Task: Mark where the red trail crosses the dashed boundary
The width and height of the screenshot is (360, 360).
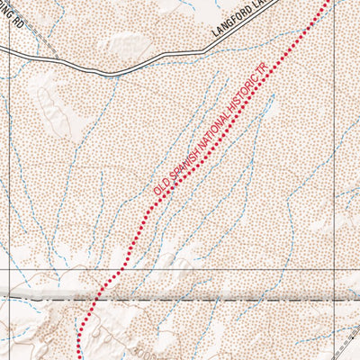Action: (96, 295)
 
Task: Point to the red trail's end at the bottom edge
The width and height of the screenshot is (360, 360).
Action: (79, 357)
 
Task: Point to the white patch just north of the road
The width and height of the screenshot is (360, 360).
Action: (126, 42)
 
